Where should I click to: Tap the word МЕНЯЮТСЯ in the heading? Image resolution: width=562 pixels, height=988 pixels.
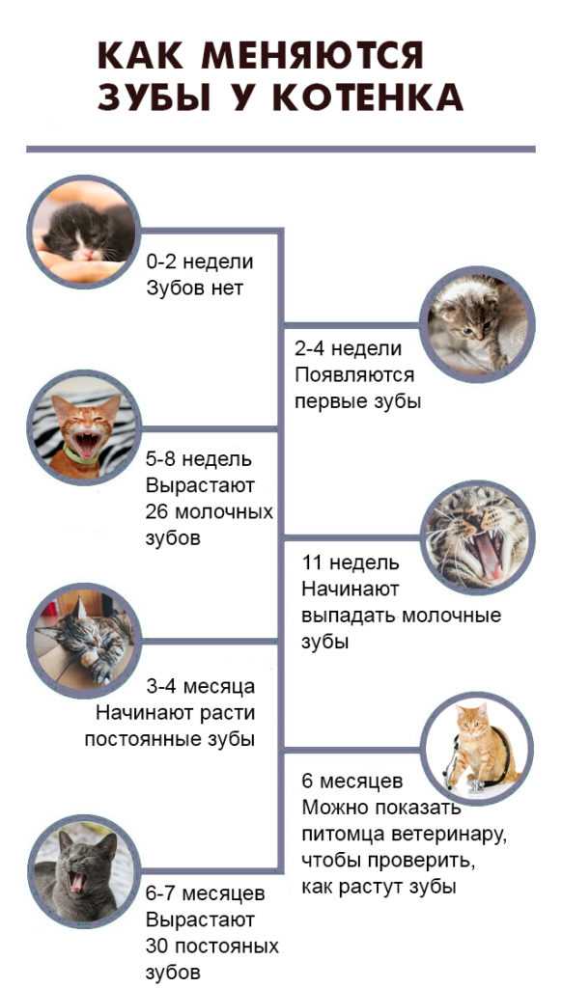(x=312, y=55)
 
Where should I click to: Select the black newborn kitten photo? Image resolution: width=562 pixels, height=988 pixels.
(x=83, y=232)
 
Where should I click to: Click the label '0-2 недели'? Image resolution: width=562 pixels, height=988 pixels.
(x=199, y=261)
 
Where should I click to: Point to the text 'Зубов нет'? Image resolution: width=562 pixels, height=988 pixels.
(x=194, y=288)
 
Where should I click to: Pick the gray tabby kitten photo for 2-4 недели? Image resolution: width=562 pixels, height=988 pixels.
(x=477, y=324)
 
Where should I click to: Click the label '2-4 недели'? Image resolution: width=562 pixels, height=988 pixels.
(x=349, y=347)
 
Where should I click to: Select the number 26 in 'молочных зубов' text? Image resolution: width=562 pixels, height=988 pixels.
(x=156, y=511)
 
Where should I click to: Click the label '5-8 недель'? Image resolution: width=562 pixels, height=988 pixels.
(x=199, y=459)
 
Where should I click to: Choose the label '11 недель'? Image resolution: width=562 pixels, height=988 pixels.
(x=351, y=562)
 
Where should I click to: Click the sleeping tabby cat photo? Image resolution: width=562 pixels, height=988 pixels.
(x=83, y=641)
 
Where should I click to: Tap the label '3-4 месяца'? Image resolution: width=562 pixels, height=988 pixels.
(x=201, y=686)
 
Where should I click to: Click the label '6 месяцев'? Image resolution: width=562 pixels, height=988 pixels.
(x=351, y=781)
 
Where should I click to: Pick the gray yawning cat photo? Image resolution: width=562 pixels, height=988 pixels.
(x=83, y=871)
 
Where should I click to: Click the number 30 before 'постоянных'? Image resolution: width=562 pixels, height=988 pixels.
(x=156, y=947)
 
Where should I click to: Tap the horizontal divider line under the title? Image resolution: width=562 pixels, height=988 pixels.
(x=281, y=150)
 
